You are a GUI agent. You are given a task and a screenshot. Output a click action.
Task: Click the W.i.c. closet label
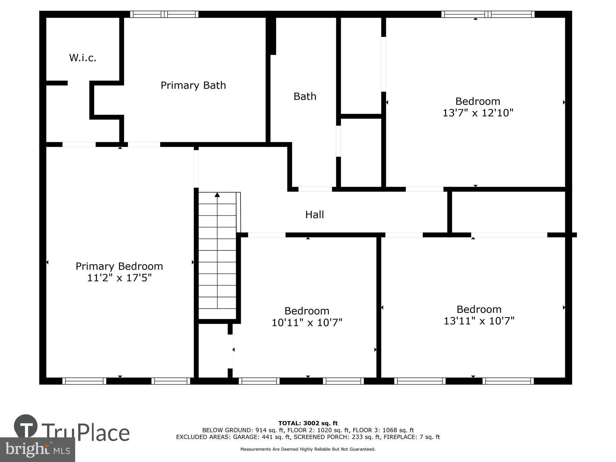pyautogui.click(x=83, y=58)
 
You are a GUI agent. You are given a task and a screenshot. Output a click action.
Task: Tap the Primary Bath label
pyautogui.click(x=193, y=85)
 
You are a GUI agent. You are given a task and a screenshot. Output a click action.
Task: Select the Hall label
pyautogui.click(x=314, y=215)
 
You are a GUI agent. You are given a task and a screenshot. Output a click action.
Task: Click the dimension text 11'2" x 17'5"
pyautogui.click(x=119, y=278)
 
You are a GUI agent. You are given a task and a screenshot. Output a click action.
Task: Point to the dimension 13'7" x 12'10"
pyautogui.click(x=478, y=113)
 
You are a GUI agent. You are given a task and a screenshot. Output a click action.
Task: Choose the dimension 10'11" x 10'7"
pyautogui.click(x=307, y=323)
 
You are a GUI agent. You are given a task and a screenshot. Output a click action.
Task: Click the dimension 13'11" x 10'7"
pyautogui.click(x=479, y=321)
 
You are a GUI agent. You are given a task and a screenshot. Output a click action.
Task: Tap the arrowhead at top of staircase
pyautogui.click(x=217, y=195)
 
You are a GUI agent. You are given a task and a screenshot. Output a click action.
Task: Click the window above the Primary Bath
pyautogui.click(x=164, y=14)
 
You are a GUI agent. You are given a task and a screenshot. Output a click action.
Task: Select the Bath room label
pyautogui.click(x=305, y=96)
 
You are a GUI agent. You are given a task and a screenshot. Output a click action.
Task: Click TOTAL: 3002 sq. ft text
pyautogui.click(x=308, y=423)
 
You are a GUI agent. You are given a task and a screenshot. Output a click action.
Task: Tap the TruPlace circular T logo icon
pyautogui.click(x=26, y=426)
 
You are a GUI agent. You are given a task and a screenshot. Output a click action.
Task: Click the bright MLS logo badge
pyautogui.click(x=37, y=450)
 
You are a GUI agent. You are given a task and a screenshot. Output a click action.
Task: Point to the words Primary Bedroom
pyautogui.click(x=119, y=266)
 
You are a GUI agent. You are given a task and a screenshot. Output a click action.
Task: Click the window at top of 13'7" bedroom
pyautogui.click(x=488, y=14)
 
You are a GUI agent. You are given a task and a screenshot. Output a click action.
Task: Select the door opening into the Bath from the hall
pyautogui.click(x=315, y=189)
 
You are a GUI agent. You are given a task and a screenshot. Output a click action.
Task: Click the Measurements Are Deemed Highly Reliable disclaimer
pyautogui.click(x=308, y=449)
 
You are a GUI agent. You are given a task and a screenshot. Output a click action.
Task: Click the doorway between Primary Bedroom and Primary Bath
pyautogui.click(x=144, y=144)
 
